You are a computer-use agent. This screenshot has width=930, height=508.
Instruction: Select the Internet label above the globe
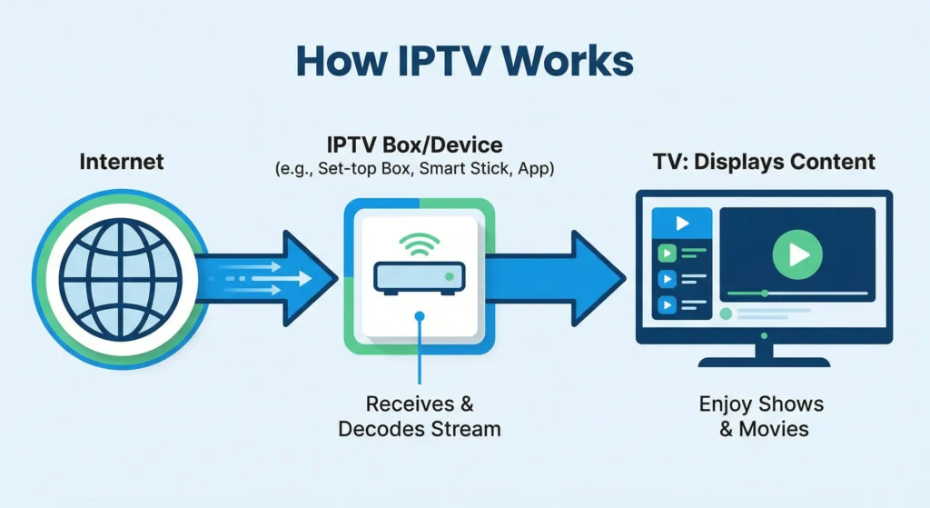(x=122, y=162)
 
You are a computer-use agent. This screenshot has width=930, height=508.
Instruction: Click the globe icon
(x=122, y=273)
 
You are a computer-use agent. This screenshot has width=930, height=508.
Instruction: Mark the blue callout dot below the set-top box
(x=420, y=315)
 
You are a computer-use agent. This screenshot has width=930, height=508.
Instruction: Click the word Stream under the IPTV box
(x=466, y=428)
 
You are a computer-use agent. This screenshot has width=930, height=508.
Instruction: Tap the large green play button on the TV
(x=796, y=254)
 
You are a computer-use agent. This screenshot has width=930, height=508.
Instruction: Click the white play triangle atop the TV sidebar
(x=682, y=224)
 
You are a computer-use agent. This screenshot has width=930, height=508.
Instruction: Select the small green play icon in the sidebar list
(x=668, y=254)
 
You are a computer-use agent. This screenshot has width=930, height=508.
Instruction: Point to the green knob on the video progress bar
(x=765, y=294)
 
